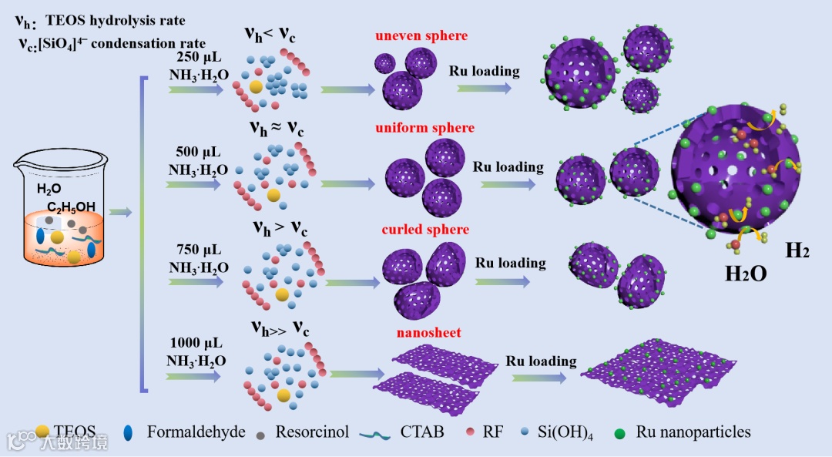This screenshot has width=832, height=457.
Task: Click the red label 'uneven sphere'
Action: coord(421,36)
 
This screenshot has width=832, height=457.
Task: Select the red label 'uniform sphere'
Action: coord(424,128)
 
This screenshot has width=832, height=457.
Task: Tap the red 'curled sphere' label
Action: coord(424,230)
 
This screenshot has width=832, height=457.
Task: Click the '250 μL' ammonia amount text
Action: coord(198,57)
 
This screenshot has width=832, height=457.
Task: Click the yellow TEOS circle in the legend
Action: coord(43,432)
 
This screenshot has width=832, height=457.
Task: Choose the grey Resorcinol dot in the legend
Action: coord(259,432)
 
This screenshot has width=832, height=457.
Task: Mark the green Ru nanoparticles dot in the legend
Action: coord(619,432)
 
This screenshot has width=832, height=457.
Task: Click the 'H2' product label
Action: coord(797,250)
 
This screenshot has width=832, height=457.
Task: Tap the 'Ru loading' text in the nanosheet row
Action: coord(541,361)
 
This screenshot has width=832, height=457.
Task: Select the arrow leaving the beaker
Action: coord(121,211)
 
